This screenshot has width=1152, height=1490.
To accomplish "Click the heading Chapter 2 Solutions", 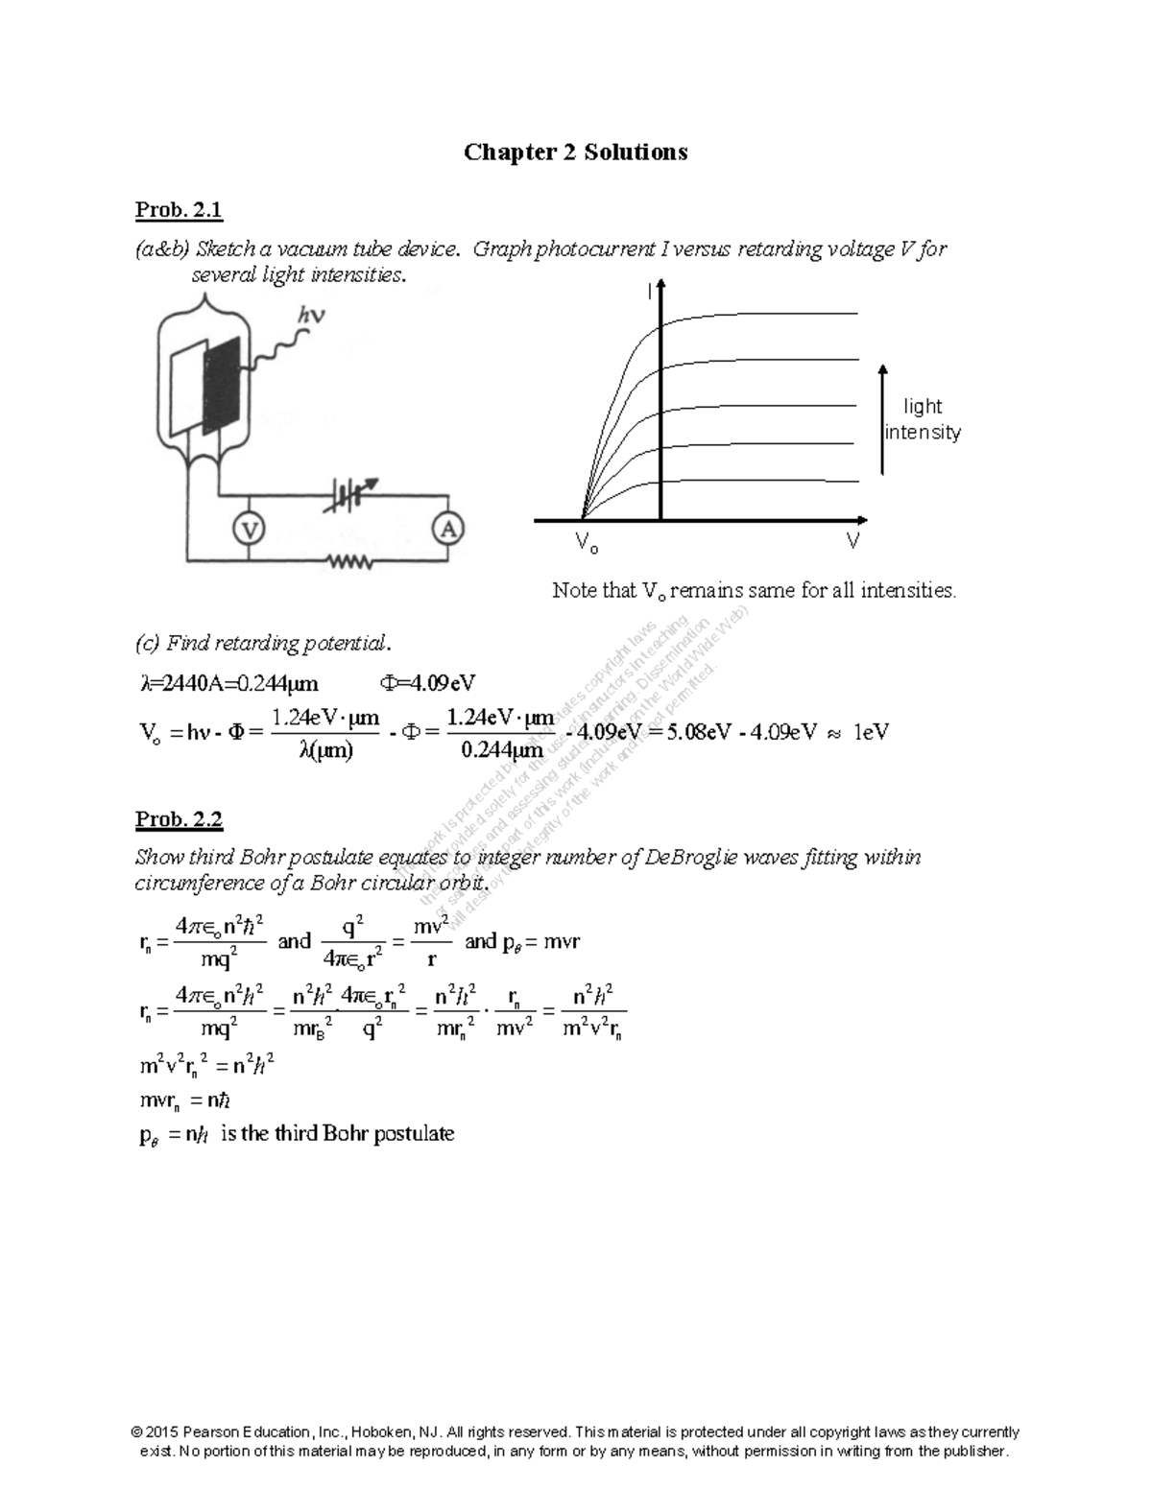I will (x=575, y=152).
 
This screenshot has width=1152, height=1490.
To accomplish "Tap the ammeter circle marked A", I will (x=448, y=529).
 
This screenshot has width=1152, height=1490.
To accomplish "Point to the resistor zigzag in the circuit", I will (x=349, y=562).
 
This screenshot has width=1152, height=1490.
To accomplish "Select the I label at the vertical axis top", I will (x=649, y=292).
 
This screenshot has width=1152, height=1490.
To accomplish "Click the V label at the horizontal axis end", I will (x=852, y=542).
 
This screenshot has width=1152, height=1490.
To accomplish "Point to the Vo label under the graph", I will (x=586, y=545).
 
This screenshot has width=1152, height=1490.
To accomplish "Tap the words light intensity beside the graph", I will (x=923, y=419).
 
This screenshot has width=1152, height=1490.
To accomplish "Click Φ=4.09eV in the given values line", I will (x=427, y=683).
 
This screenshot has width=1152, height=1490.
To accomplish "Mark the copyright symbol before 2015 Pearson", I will (x=137, y=1432).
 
